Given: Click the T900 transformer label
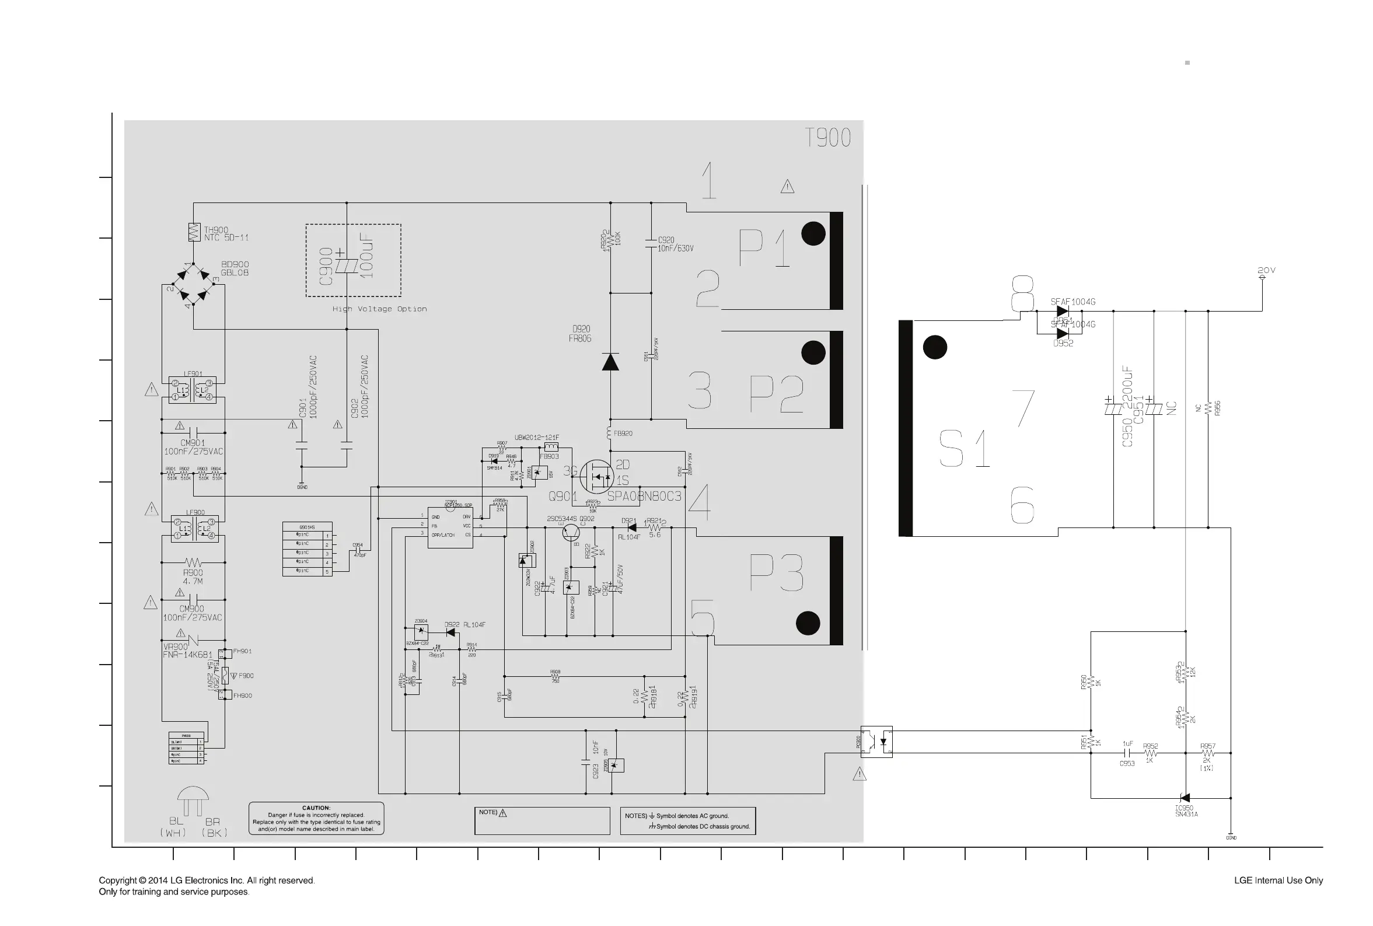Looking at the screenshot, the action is pyautogui.click(x=827, y=138).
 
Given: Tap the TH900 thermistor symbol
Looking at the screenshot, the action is pyautogui.click(x=194, y=232).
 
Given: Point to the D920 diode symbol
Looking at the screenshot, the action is pyautogui.click(x=610, y=361).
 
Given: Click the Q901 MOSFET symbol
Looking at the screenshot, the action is pyautogui.click(x=596, y=476).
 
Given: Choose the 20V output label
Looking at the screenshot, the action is pyautogui.click(x=1266, y=271).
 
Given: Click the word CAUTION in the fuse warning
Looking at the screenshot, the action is pyautogui.click(x=316, y=808).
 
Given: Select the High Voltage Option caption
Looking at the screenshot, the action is pyautogui.click(x=379, y=309).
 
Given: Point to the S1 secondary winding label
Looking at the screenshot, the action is pyautogui.click(x=964, y=449).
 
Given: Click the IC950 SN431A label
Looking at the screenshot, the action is pyautogui.click(x=1186, y=811).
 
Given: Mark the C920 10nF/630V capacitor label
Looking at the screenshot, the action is pyautogui.click(x=675, y=244).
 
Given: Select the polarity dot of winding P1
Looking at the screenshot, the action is pyautogui.click(x=813, y=234).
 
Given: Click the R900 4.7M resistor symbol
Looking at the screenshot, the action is pyautogui.click(x=193, y=562).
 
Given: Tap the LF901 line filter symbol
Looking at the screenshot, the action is pyautogui.click(x=193, y=390).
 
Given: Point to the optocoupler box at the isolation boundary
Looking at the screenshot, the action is pyautogui.click(x=876, y=742).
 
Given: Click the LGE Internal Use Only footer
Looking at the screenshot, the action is pyautogui.click(x=1278, y=880).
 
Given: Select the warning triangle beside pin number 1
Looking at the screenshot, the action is pyautogui.click(x=787, y=187).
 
